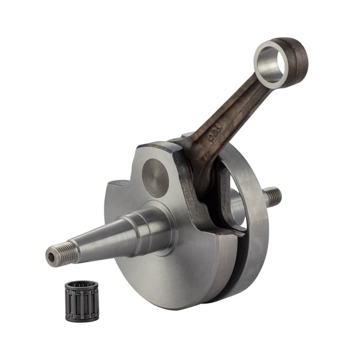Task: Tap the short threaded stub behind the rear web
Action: pyautogui.click(x=273, y=196)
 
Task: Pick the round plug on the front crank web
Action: pyautogui.click(x=155, y=178)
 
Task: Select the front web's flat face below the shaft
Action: pyautogui.click(x=168, y=270)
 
